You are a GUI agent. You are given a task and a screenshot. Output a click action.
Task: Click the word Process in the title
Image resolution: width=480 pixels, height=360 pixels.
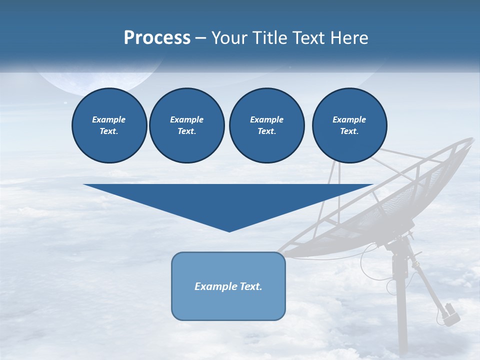[x=157, y=38]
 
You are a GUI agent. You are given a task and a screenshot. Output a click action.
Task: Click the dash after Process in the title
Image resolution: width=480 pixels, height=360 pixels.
[x=201, y=39]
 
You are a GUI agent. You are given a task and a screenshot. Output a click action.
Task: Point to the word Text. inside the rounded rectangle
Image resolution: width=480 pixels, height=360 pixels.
[x=251, y=286]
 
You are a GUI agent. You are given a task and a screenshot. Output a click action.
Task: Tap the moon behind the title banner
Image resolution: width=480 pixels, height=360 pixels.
[x=100, y=82]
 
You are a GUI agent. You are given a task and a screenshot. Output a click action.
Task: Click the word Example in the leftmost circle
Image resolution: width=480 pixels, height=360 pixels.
[x=109, y=119]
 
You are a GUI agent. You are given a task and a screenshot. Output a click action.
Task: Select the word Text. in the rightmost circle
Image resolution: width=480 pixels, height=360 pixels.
[x=349, y=131]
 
